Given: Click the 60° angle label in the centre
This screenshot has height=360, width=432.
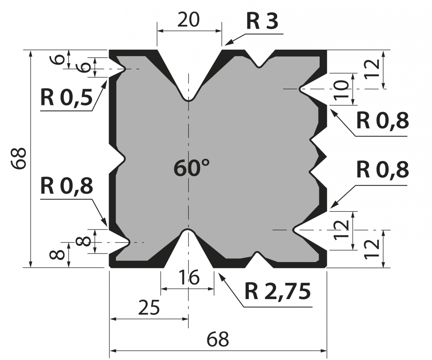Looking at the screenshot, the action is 192,168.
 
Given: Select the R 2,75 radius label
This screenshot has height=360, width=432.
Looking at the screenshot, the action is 278,291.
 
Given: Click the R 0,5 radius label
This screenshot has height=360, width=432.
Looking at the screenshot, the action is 66,98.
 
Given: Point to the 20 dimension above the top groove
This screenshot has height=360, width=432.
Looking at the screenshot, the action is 188,20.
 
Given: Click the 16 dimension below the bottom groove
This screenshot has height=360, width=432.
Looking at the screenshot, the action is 189,278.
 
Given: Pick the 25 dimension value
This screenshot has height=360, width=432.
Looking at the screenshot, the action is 149,307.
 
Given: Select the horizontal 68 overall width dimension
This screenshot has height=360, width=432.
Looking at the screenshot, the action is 218,339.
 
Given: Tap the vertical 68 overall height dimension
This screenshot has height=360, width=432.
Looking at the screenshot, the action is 19,159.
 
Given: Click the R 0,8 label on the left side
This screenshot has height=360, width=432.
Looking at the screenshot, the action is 67,186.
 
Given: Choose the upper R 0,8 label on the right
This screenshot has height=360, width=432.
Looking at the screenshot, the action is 382,120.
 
